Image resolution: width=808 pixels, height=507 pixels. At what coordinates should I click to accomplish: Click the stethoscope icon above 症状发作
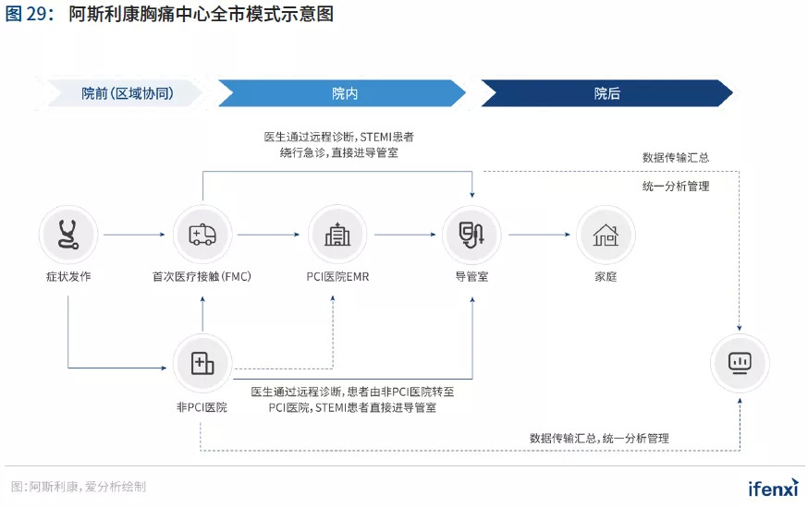(68, 235)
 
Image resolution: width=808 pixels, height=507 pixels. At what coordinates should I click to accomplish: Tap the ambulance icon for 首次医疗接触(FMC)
(202, 235)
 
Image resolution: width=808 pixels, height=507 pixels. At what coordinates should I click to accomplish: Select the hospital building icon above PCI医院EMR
(337, 235)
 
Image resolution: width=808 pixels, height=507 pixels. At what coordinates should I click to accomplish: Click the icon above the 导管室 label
(471, 235)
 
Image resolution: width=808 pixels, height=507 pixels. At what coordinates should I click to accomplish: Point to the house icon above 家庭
(606, 235)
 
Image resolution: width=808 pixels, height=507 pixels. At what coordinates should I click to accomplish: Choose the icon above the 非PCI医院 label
(202, 363)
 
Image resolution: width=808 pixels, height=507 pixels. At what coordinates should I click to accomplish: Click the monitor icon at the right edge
(741, 363)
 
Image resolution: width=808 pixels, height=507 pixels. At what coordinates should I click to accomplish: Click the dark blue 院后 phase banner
(606, 93)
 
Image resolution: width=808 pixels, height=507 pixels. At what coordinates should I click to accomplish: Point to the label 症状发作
(68, 277)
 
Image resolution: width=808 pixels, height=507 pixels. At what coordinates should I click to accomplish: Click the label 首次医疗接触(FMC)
(202, 277)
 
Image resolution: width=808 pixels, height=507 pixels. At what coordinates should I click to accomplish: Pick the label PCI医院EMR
(337, 277)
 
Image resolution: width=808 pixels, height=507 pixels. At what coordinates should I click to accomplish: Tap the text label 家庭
(606, 277)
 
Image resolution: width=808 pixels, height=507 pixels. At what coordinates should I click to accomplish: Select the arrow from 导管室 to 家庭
(538, 235)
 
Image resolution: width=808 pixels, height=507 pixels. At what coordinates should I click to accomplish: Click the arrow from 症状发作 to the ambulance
(135, 235)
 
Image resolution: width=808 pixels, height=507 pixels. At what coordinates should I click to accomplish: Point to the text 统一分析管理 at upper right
(676, 187)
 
